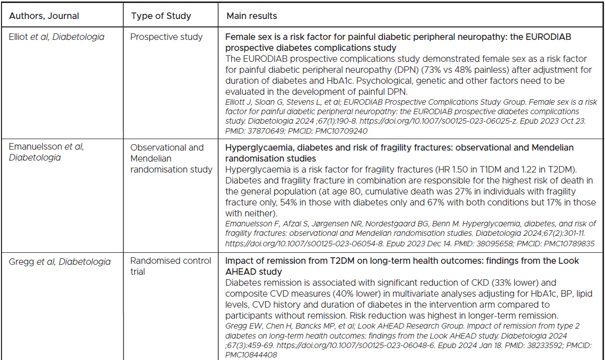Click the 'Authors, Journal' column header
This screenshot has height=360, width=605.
click(44, 16)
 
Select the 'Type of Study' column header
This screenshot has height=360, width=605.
click(161, 16)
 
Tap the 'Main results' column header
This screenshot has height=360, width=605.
click(251, 16)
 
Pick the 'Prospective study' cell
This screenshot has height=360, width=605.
click(167, 37)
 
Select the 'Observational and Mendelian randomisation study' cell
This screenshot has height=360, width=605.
click(171, 159)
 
